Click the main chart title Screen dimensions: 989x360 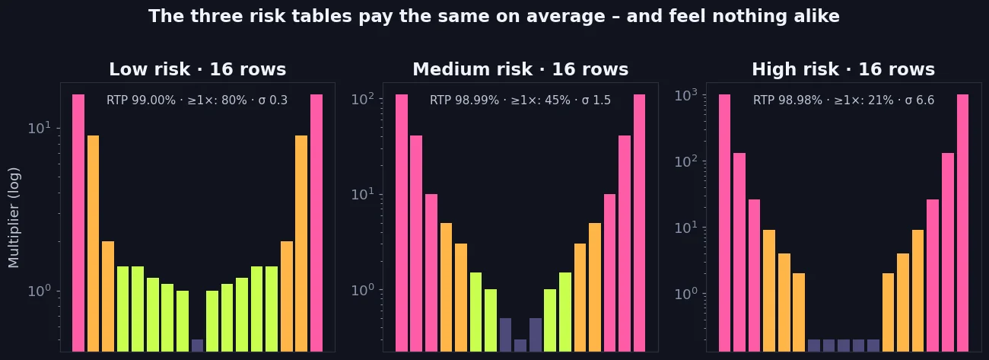tap(494, 16)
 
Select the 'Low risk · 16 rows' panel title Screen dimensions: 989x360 tap(198, 69)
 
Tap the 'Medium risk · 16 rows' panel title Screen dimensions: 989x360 tap(520, 69)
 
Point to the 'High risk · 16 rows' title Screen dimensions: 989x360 tap(843, 69)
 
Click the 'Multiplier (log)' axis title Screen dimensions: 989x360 tap(14, 218)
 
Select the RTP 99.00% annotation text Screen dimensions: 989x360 tap(197, 100)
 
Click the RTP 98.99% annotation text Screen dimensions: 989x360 tap(520, 100)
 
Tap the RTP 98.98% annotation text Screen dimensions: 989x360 tap(843, 100)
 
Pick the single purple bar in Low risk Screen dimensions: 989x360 tap(197, 346)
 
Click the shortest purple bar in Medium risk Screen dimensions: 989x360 tap(520, 346)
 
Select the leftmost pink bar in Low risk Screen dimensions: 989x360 tap(78, 223)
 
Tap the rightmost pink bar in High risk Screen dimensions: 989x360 tap(962, 223)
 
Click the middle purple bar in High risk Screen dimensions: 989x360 tap(843, 346)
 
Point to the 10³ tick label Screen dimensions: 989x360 tap(686, 95)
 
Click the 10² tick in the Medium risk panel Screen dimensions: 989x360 tap(362, 99)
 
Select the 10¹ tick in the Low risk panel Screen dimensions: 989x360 tap(40, 128)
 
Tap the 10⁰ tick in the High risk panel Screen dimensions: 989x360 tap(686, 294)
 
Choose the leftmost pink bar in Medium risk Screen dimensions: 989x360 tap(402, 223)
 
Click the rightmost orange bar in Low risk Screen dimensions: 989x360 tap(301, 244)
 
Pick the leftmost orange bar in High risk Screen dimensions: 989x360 tap(769, 291)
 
